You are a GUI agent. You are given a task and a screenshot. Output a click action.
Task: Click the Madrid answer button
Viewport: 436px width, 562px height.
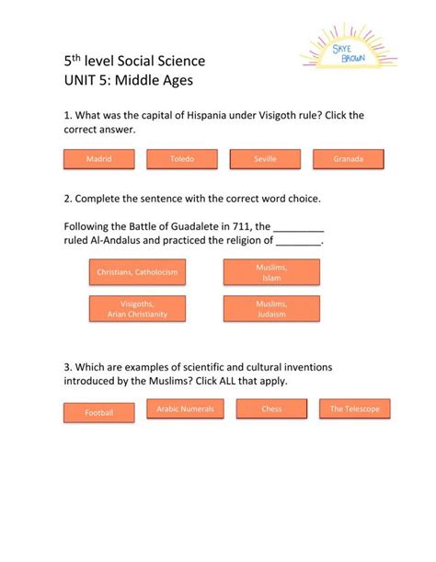click(98, 159)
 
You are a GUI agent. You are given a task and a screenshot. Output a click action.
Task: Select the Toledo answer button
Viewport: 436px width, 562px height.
click(182, 159)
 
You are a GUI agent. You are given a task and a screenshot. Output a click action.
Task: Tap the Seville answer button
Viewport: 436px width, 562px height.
click(265, 159)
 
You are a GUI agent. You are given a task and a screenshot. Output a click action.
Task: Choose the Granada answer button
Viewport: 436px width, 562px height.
click(349, 159)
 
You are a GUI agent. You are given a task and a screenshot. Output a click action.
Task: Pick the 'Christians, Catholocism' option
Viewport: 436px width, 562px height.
click(136, 272)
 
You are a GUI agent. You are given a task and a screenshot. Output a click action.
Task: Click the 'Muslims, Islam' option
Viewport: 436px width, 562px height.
click(271, 271)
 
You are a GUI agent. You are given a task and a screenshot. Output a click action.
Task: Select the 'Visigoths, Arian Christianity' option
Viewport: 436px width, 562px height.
click(137, 308)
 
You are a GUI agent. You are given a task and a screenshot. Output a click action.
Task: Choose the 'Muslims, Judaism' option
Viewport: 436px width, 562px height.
click(271, 308)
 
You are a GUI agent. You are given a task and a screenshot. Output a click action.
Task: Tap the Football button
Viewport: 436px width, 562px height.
click(98, 413)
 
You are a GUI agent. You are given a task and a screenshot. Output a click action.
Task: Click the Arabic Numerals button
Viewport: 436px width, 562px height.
click(185, 408)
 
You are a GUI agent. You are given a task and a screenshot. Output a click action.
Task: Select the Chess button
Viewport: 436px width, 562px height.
click(271, 408)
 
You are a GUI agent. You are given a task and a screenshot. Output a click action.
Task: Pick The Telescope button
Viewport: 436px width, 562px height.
click(354, 408)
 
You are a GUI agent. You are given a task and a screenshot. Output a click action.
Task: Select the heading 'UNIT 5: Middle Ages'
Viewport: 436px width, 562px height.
click(128, 80)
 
